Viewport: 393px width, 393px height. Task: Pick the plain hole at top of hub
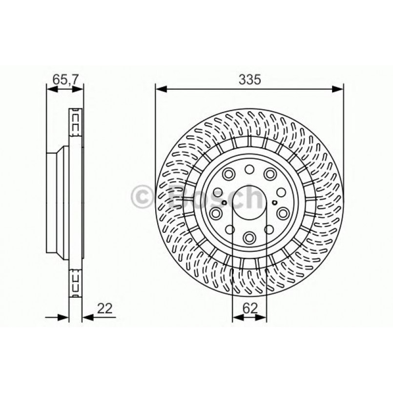click(249, 169)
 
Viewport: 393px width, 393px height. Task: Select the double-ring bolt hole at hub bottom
click(249, 238)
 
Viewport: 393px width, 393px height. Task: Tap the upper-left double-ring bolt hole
click(228, 174)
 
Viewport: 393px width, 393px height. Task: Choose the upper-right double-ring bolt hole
click(269, 174)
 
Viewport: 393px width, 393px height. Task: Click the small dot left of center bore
click(223, 204)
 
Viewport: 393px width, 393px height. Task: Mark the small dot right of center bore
click(276, 204)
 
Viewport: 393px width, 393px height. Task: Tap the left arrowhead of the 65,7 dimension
click(50, 89)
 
